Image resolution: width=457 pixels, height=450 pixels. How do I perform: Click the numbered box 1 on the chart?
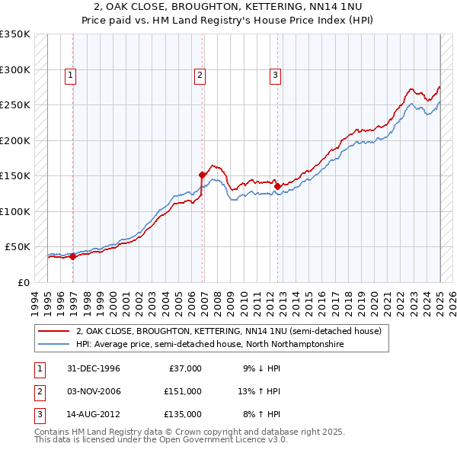[69, 75]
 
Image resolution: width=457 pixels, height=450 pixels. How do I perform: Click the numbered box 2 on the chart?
[199, 75]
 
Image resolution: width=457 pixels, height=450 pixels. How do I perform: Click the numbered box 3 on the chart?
[274, 75]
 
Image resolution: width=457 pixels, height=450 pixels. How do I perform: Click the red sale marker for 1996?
[72, 256]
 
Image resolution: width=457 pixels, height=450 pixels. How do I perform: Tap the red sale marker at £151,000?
[202, 175]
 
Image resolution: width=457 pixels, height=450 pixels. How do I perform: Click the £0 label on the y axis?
[22, 282]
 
